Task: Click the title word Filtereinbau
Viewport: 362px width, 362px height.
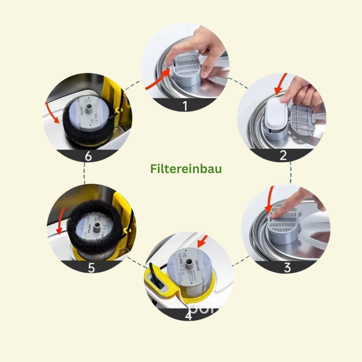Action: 186,169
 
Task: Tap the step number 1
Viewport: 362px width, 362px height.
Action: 185,106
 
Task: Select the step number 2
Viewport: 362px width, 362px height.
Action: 283,155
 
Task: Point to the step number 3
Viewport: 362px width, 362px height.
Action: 287,268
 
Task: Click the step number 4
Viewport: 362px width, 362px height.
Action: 188,316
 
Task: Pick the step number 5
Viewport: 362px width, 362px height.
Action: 91,268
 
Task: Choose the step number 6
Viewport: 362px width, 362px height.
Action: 88,156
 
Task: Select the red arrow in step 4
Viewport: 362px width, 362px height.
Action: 203,240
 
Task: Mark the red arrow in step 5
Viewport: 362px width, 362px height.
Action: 60,221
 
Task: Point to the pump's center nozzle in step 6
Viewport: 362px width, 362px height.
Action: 88,109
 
